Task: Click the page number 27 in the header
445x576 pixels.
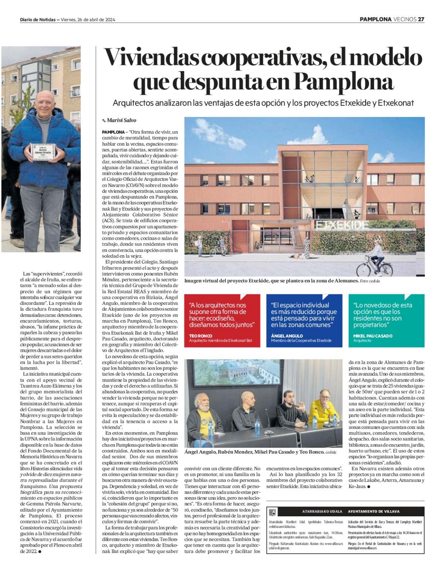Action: point(421,20)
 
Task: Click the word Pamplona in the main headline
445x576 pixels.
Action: point(343,82)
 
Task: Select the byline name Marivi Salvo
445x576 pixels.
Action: point(121,120)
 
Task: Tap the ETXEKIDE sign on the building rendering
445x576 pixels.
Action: point(342,225)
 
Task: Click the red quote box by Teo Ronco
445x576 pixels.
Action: point(222,320)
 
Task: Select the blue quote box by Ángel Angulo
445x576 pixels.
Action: point(304,320)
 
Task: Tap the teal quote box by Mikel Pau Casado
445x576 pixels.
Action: point(386,320)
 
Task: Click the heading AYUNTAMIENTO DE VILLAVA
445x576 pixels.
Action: point(373,511)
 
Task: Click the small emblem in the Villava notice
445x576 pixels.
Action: point(272,512)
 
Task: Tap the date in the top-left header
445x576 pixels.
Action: point(88,20)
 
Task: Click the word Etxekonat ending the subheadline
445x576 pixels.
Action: point(396,103)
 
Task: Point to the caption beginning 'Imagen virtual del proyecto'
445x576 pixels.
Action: point(271,281)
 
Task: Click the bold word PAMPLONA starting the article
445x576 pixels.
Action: point(113,132)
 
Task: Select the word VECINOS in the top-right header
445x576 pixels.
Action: point(405,20)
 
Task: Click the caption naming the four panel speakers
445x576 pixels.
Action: point(254,452)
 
